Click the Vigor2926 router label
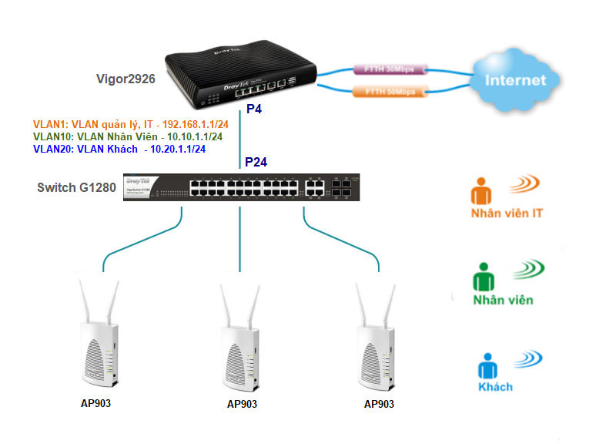(x=125, y=79)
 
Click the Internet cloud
(x=515, y=80)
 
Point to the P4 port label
(x=254, y=110)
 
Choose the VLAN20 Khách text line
(x=119, y=149)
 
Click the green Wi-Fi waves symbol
(x=527, y=269)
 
